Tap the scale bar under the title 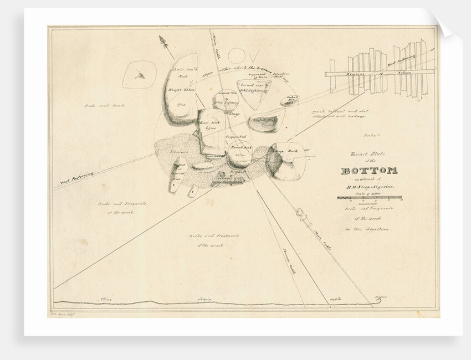[370, 198]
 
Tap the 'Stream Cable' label [290, 261]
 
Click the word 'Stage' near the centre [234, 115]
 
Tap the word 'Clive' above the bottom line [106, 300]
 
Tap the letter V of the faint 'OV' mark [252, 55]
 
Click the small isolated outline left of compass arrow [137, 75]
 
